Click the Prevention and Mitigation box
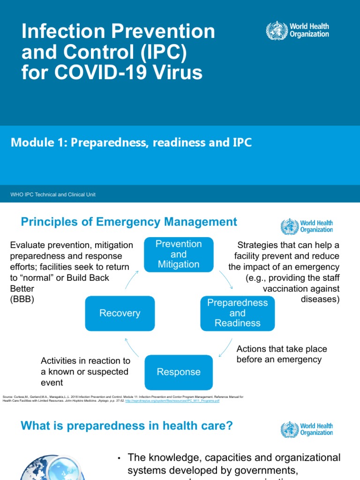coord(178,255)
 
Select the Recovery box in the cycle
coord(120,313)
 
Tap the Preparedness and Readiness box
coord(237,313)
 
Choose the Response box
coord(178,372)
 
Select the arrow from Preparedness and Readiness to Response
coord(225,347)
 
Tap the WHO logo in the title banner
coord(298,30)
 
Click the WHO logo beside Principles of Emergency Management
coord(307,226)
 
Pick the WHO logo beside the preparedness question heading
coord(307,429)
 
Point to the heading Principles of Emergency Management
coord(129,222)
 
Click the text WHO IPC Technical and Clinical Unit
coord(53,194)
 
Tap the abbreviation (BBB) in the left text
coord(22,300)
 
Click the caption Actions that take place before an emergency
coord(281,354)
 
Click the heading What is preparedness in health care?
coord(127,426)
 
